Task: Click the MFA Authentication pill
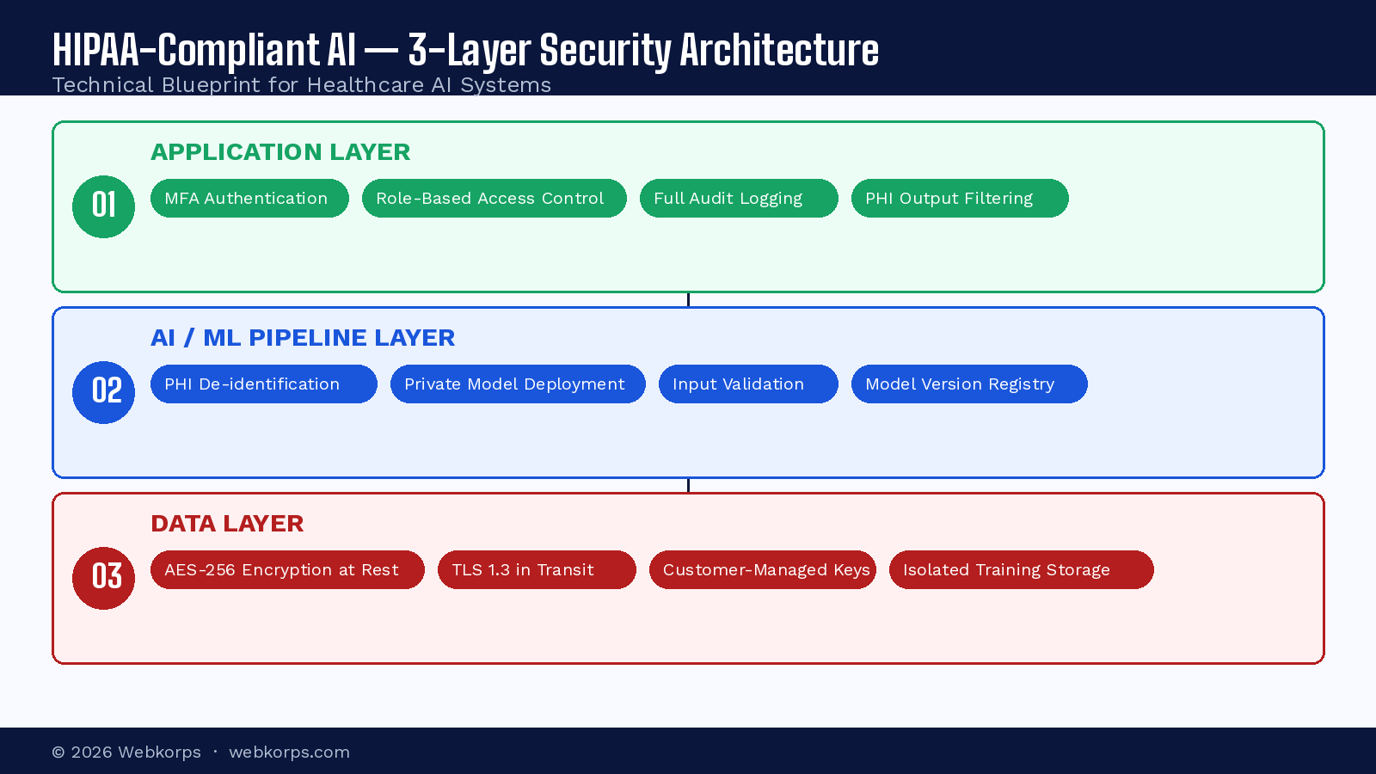click(x=249, y=199)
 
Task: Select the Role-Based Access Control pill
click(x=494, y=199)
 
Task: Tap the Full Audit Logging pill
click(x=738, y=199)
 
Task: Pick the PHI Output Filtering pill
click(x=959, y=199)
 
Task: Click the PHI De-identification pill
click(x=263, y=384)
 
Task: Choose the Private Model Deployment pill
click(x=517, y=384)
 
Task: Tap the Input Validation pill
click(x=747, y=384)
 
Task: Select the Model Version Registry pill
click(x=968, y=384)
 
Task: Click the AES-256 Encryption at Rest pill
click(x=287, y=570)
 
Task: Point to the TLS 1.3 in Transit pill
click(x=536, y=570)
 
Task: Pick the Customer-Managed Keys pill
click(x=762, y=570)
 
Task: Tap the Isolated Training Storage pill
click(x=1021, y=570)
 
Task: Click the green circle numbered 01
click(x=103, y=206)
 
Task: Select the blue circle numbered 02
click(x=103, y=392)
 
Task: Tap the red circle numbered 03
click(x=103, y=578)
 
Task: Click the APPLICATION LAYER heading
click(x=280, y=152)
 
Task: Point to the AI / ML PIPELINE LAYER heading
click(x=303, y=338)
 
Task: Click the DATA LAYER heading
click(x=227, y=524)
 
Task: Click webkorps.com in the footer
click(x=289, y=752)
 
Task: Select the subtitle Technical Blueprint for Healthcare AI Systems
click(x=301, y=85)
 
